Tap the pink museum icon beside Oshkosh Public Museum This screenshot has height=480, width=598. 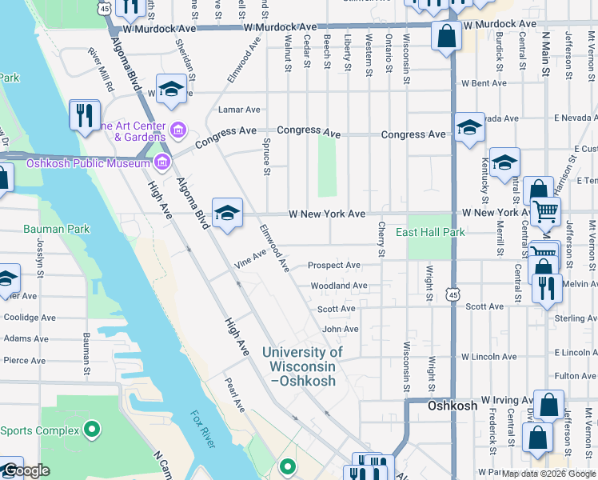click(x=163, y=163)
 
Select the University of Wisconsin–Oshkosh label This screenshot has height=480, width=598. click(x=302, y=366)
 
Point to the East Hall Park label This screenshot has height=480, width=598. click(x=430, y=233)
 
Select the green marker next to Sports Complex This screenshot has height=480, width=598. click(x=92, y=430)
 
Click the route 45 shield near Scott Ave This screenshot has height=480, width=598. click(x=453, y=295)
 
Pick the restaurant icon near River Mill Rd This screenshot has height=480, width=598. click(x=83, y=115)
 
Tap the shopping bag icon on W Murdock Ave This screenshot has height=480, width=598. click(x=445, y=37)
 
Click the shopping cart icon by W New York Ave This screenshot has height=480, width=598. click(x=545, y=212)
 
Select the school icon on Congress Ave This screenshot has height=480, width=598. click(x=469, y=127)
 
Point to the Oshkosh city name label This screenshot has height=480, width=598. click(x=452, y=406)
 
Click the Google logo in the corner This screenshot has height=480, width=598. click(x=26, y=470)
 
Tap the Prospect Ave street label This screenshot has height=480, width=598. click(x=334, y=265)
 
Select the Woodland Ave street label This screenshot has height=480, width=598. click(x=339, y=286)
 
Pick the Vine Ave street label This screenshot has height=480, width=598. click(x=249, y=258)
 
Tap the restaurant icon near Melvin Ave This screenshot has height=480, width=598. click(x=547, y=287)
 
